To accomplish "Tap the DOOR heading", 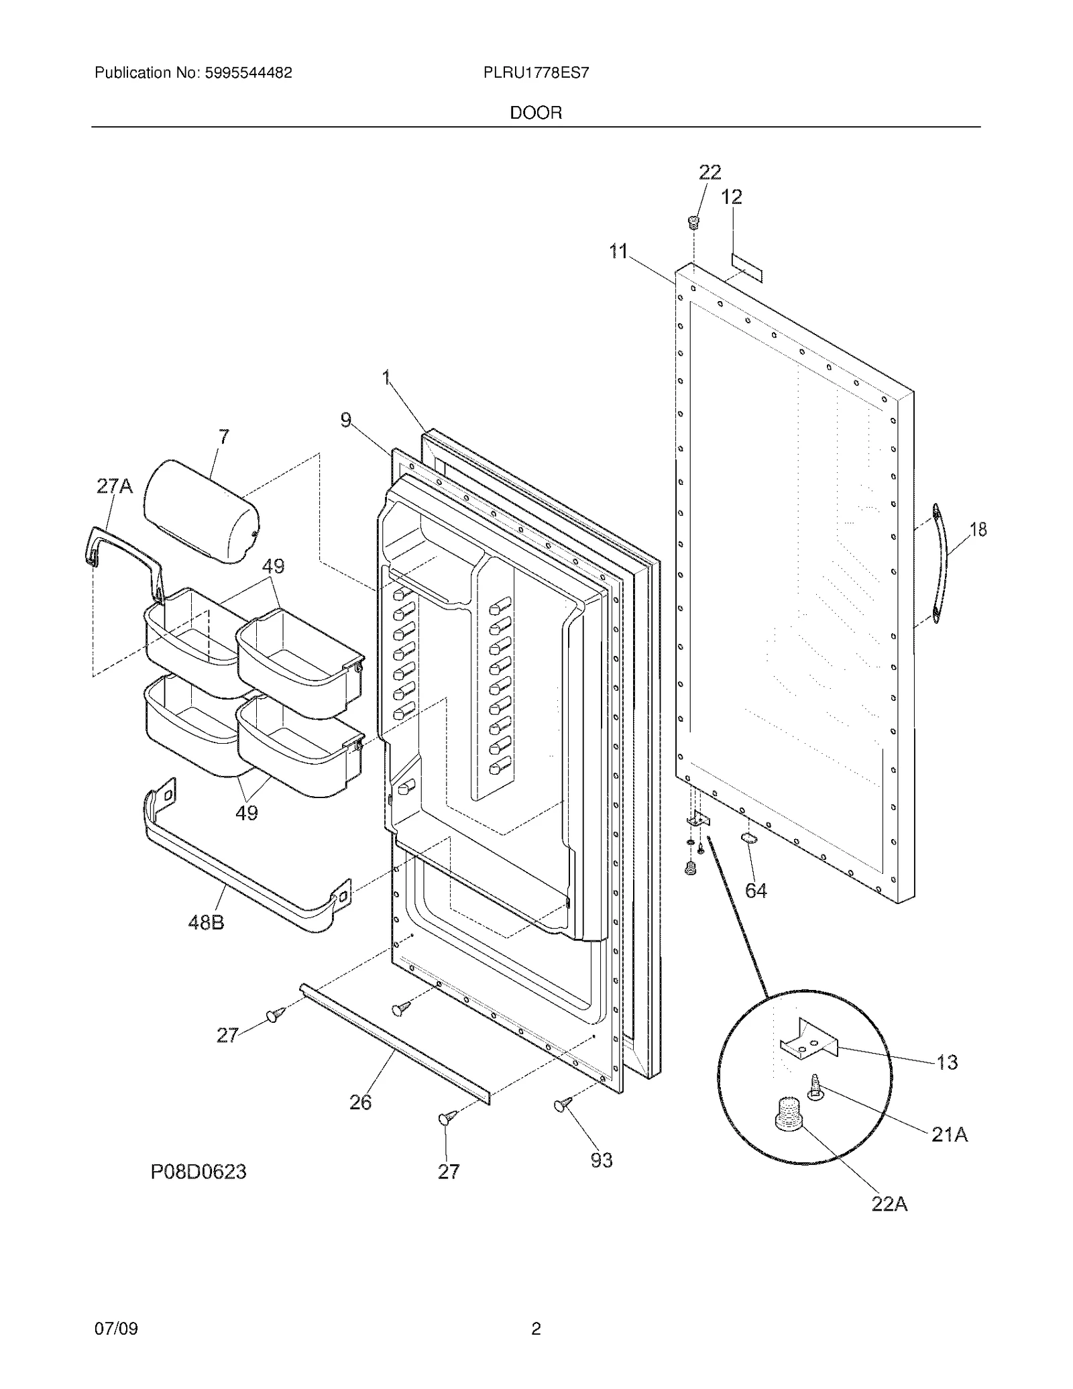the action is point(536,113).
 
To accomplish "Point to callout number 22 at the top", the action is point(710,172).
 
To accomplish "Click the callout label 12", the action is point(731,197).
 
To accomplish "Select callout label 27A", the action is point(115,486).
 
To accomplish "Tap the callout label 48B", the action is point(206,923).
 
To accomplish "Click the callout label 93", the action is point(602,1160).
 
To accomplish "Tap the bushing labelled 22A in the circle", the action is point(788,1114).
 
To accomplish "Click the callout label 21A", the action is point(950,1135).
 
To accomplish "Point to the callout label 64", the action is point(756,891).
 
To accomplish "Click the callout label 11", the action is point(618,252).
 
